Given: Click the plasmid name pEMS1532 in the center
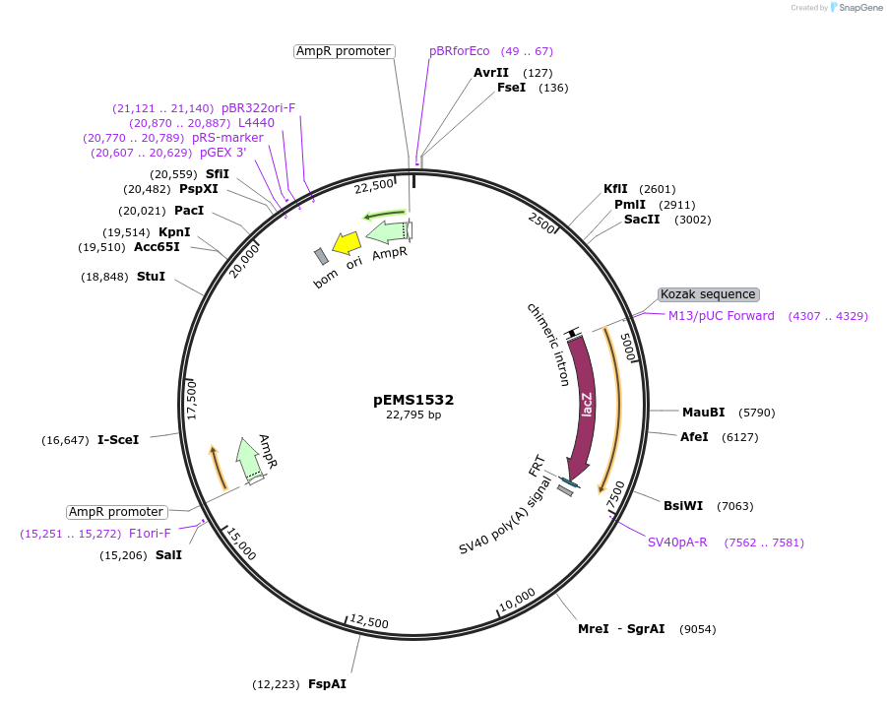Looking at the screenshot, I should click(413, 400).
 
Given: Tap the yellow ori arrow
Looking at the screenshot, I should click(346, 242).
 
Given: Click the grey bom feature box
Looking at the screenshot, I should click(321, 256).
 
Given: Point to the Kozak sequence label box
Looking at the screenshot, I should click(708, 294).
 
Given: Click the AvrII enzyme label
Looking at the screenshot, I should click(491, 73).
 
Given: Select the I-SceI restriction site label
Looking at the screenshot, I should click(118, 440).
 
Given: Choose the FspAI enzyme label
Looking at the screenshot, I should click(327, 684).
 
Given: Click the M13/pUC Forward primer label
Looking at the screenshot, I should click(722, 316).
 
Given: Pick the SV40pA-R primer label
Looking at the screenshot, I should click(677, 542).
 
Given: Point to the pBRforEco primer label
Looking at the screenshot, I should click(459, 51).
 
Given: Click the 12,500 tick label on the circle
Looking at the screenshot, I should click(369, 622).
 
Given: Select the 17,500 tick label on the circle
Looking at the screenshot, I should click(193, 401).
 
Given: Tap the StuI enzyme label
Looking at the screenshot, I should click(151, 277).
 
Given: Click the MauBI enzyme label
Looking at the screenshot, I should click(703, 413).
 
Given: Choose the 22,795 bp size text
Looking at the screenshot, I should click(413, 415).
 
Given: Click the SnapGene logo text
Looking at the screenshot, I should click(858, 8).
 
